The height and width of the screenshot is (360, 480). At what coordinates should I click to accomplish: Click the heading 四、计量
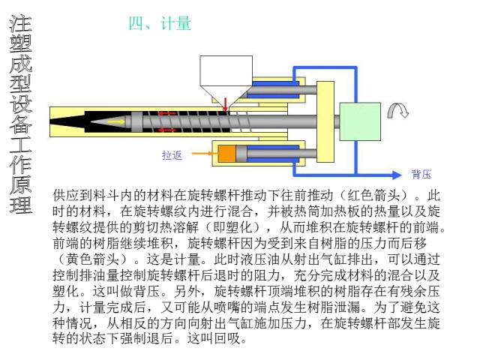[x=160, y=23]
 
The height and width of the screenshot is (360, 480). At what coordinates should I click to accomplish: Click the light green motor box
[x=360, y=121]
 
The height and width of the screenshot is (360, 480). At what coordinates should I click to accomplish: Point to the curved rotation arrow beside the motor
[x=397, y=111]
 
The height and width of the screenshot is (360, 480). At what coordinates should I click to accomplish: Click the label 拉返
[x=172, y=155]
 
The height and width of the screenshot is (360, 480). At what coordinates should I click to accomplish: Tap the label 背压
[x=421, y=175]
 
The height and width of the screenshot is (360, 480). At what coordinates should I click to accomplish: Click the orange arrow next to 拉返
[x=200, y=154]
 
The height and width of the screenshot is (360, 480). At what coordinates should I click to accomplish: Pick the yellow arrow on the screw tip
[x=115, y=121]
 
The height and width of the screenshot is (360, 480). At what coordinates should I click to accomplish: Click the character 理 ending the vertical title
[x=20, y=204]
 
